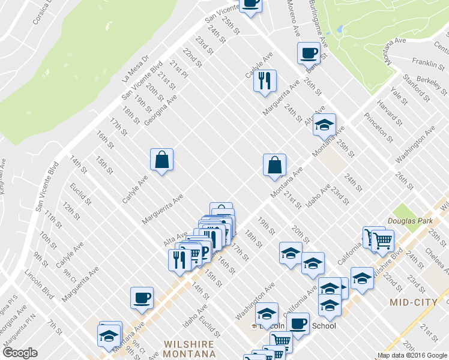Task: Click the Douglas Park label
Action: coord(410,221)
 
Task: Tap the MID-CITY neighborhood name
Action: coord(412,302)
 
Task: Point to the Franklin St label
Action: coord(428,62)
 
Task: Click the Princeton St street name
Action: coord(381,127)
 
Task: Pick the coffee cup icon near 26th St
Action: coord(309,53)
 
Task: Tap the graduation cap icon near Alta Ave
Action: coord(324,125)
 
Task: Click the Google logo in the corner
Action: coord(20,353)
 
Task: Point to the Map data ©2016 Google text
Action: coord(412,355)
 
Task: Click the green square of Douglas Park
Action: coord(400,211)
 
